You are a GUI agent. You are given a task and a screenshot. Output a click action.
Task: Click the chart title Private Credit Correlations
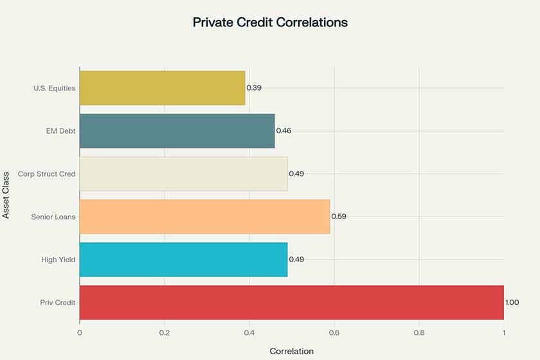(x=270, y=22)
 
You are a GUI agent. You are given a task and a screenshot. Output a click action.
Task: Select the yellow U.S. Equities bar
(x=162, y=87)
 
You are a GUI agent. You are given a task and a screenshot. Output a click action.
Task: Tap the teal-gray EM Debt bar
(x=177, y=130)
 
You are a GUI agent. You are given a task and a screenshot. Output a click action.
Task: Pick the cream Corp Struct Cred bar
(x=183, y=174)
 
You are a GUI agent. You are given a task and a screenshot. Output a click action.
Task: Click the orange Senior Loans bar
(x=204, y=217)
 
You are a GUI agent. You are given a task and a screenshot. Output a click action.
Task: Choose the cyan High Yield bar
(x=183, y=260)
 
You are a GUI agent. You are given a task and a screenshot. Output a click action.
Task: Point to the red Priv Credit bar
(x=291, y=302)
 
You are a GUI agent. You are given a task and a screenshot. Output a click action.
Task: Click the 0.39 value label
(x=254, y=87)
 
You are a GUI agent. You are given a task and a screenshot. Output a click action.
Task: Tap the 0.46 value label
(x=284, y=130)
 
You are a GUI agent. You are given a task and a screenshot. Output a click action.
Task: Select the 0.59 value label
(x=339, y=217)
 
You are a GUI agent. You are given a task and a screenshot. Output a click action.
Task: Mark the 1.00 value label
(x=512, y=302)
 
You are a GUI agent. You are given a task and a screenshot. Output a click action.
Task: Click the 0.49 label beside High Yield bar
(x=296, y=260)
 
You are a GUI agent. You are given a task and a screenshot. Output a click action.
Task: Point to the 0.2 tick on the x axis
(x=165, y=333)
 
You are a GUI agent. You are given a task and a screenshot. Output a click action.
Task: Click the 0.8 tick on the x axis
(x=419, y=333)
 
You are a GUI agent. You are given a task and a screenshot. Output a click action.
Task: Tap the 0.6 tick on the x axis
(x=334, y=333)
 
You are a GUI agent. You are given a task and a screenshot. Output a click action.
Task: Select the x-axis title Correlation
(x=291, y=351)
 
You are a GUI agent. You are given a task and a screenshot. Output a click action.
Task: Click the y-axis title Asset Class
(x=6, y=195)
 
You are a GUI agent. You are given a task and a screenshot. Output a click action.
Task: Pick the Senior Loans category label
(x=53, y=217)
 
